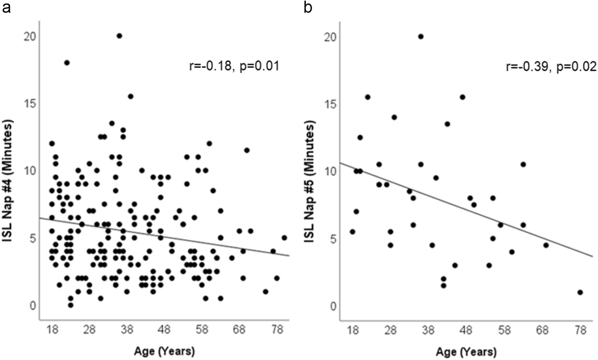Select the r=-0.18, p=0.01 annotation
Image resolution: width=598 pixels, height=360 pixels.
pyautogui.click(x=234, y=66)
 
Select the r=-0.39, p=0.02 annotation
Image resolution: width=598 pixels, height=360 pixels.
pyautogui.click(x=551, y=66)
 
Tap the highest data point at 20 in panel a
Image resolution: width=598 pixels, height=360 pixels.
pyautogui.click(x=119, y=36)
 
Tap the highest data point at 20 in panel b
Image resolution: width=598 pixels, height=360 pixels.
pyautogui.click(x=420, y=37)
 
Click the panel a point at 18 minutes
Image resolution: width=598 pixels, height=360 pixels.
pyautogui.click(x=67, y=63)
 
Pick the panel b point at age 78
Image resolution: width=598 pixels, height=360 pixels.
pyautogui.click(x=580, y=293)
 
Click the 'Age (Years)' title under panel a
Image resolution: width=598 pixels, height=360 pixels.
pyautogui.click(x=164, y=351)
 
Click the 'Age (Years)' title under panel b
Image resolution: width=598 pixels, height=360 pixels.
pyautogui.click(x=466, y=352)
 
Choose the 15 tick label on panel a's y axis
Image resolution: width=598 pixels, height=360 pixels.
pyautogui.click(x=29, y=103)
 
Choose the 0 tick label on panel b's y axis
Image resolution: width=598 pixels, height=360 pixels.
pyautogui.click(x=333, y=306)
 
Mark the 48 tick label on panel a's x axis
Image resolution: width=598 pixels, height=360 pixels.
pyautogui.click(x=164, y=330)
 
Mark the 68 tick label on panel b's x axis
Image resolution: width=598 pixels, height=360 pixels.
pyautogui.click(x=542, y=330)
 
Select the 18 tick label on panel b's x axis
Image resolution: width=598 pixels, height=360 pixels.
pyautogui.click(x=352, y=330)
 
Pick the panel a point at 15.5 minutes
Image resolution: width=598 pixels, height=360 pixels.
pyautogui.click(x=130, y=96)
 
